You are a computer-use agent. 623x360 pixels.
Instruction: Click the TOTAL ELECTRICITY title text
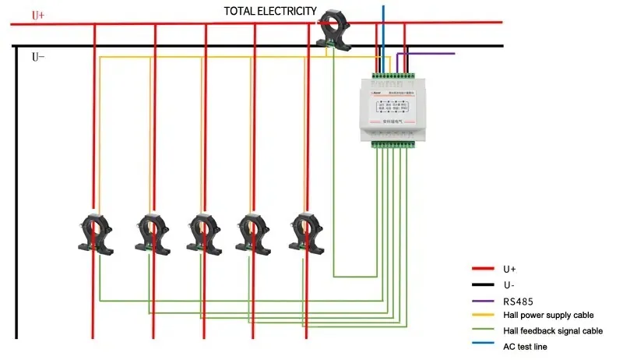coord(270,11)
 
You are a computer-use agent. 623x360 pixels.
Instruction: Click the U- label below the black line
coord(37,57)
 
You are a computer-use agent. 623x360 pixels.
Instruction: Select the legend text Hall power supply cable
coord(548,315)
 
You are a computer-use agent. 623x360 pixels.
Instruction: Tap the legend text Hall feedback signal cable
coord(553,330)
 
